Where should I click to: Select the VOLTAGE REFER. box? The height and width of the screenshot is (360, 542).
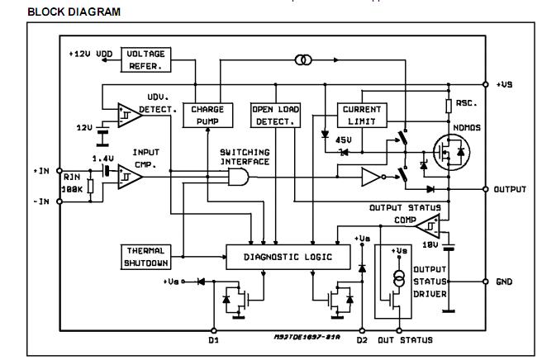(145, 59)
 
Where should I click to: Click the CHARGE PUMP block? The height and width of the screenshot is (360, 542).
(202, 115)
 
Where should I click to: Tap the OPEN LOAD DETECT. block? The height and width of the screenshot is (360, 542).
(276, 115)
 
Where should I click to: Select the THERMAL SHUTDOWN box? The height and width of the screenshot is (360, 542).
(145, 257)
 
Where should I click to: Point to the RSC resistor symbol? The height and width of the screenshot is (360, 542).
(448, 106)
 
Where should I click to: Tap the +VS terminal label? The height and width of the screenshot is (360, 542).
(505, 84)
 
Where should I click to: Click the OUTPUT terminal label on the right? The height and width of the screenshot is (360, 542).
(509, 189)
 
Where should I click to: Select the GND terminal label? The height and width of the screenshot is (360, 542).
(503, 281)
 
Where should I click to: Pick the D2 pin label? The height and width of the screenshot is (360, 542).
(361, 339)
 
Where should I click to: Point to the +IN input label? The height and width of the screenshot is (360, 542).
(41, 170)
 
